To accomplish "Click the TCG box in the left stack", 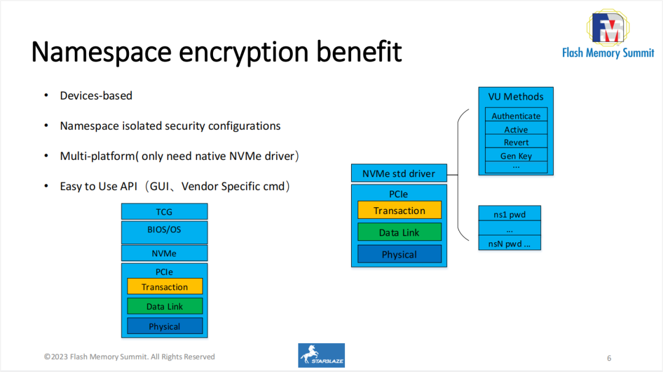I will [x=165, y=212].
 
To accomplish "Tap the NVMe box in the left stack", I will [x=165, y=253].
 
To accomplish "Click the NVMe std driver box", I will [x=398, y=173].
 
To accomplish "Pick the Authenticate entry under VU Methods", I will [x=516, y=116].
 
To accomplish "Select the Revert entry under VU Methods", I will [x=516, y=142].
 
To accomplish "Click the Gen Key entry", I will [x=516, y=156].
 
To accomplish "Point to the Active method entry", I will [x=516, y=129].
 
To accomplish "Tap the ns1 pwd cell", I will [x=509, y=214].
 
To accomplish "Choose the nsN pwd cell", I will [x=509, y=243].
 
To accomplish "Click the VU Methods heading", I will [x=516, y=97].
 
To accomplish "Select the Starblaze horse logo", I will [x=321, y=355].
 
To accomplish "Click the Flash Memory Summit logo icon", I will [x=608, y=28].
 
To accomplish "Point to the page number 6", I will [x=608, y=358].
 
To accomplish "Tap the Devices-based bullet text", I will [x=96, y=95].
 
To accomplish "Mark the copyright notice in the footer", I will [x=130, y=357].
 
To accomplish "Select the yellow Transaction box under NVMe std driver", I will [x=399, y=210].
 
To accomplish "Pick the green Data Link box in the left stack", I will [x=165, y=306].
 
